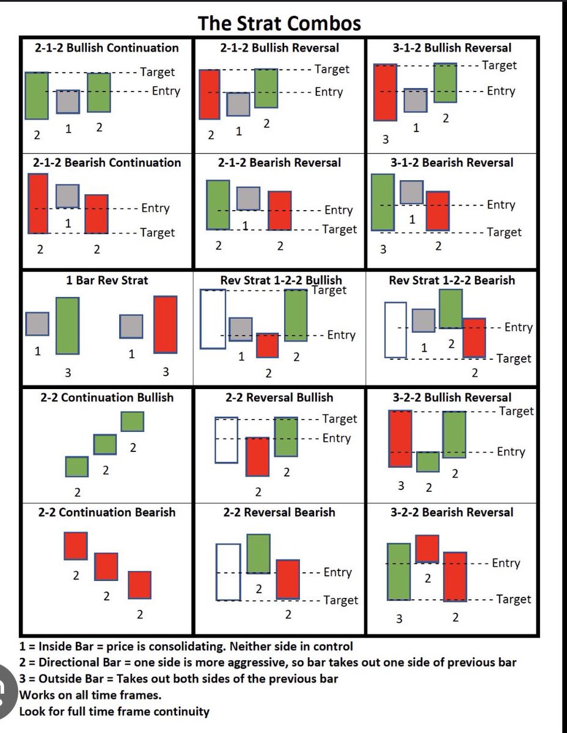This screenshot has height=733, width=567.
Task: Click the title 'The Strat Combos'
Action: pyautogui.click(x=279, y=24)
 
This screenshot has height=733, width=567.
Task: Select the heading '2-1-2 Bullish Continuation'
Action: pyautogui.click(x=106, y=48)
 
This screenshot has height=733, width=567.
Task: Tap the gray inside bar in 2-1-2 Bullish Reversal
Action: pyautogui.click(x=238, y=104)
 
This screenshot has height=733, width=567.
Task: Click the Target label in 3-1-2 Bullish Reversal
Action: pyautogui.click(x=499, y=65)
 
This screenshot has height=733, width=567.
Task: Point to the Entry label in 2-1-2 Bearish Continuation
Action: pyautogui.click(x=155, y=208)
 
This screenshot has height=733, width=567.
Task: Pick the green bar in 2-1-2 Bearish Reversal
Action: pyautogui.click(x=218, y=205)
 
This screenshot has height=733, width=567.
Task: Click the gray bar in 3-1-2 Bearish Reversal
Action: pyautogui.click(x=412, y=192)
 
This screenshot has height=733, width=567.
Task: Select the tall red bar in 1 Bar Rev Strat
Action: pyautogui.click(x=166, y=324)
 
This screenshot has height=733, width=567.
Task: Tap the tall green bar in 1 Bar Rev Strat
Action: pyautogui.click(x=67, y=326)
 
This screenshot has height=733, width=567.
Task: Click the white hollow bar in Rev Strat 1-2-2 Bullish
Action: pyautogui.click(x=213, y=319)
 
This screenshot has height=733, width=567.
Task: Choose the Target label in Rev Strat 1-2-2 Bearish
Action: pyautogui.click(x=514, y=359)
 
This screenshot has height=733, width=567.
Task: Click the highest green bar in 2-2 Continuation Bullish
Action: pyautogui.click(x=132, y=421)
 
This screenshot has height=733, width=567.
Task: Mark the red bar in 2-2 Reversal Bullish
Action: pyautogui.click(x=257, y=457)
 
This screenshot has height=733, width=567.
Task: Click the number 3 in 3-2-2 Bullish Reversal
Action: pyautogui.click(x=401, y=486)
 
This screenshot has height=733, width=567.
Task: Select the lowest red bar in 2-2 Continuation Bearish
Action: pyautogui.click(x=139, y=585)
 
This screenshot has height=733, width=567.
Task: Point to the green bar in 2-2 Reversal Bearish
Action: pyautogui.click(x=258, y=553)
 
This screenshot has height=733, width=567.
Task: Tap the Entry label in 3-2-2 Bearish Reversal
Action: pyautogui.click(x=506, y=563)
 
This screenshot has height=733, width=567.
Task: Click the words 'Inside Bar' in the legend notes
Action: pyautogui.click(x=66, y=646)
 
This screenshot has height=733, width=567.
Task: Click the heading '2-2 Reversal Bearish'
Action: pyautogui.click(x=279, y=512)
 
